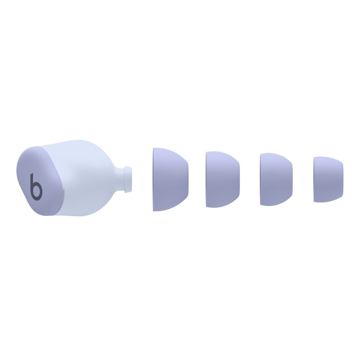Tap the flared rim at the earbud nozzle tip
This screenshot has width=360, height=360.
pyautogui.click(x=128, y=179)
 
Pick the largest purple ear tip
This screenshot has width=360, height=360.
pyautogui.click(x=170, y=179)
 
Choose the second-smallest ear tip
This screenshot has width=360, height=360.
pyautogui.click(x=276, y=179)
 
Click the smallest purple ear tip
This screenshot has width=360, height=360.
pyautogui.click(x=328, y=179)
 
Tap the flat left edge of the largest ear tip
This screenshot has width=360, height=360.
pyautogui.click(x=154, y=179)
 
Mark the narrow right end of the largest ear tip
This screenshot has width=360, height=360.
pyautogui.click(x=187, y=179)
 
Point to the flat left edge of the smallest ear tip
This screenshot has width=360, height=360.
pyautogui.click(x=315, y=179)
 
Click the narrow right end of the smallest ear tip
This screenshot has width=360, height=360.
pyautogui.click(x=342, y=179)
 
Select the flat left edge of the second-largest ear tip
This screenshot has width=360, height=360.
pyautogui.click(x=207, y=179)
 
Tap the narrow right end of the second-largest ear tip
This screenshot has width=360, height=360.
pyautogui.click(x=239, y=179)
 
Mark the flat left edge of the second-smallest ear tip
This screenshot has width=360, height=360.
pyautogui.click(x=261, y=179)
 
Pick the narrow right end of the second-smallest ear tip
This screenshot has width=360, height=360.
pyautogui.click(x=291, y=179)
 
